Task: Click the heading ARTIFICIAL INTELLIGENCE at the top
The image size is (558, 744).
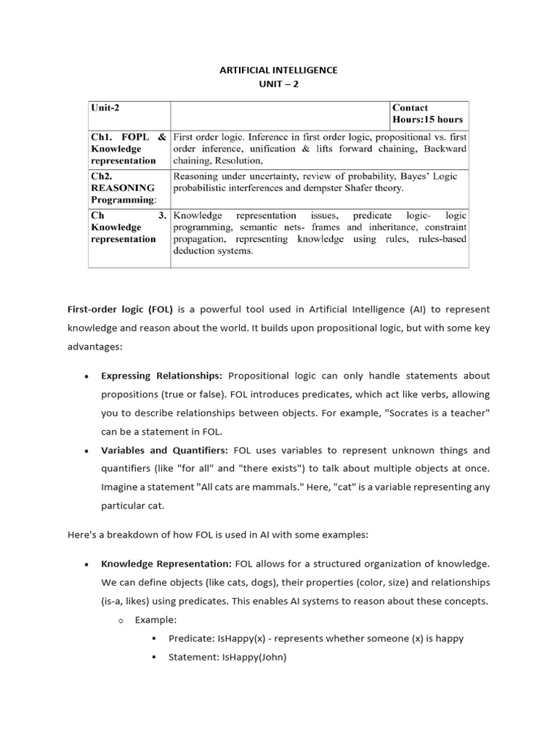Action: (279, 70)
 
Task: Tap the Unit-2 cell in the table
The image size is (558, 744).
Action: (105, 108)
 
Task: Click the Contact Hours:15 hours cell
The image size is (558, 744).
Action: (427, 113)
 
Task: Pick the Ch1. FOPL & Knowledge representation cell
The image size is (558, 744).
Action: (128, 148)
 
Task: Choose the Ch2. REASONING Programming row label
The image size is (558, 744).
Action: (123, 187)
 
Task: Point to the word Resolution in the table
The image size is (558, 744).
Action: (239, 161)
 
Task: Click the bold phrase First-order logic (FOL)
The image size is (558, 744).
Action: (120, 309)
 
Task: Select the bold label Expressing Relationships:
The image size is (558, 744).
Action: (162, 376)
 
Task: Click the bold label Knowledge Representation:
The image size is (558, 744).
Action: (166, 564)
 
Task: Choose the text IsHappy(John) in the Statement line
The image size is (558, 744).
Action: (254, 658)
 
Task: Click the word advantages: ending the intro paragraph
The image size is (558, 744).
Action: (95, 347)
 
